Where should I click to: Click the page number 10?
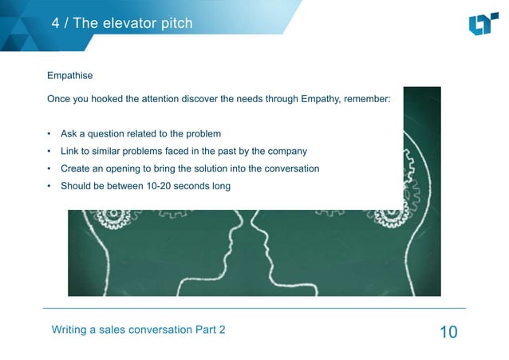448,331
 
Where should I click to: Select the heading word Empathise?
70,76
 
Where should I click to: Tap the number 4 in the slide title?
56,23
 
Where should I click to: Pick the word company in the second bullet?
286,151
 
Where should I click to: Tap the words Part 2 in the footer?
210,330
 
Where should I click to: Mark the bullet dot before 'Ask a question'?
49,133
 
